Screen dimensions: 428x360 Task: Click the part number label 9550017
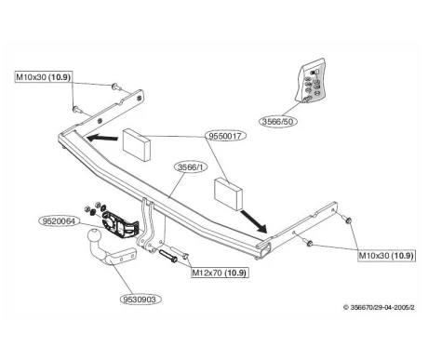[225, 136]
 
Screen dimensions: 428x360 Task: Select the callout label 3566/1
[192, 167]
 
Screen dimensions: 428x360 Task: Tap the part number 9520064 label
[59, 221]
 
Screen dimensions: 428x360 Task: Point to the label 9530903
[141, 300]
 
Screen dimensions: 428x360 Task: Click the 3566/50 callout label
[278, 121]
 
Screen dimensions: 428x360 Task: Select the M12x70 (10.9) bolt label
[220, 273]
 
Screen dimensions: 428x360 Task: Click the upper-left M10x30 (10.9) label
[44, 76]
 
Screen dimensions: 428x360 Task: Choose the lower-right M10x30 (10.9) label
[386, 256]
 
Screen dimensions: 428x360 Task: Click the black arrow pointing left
[102, 138]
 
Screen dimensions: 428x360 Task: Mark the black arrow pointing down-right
[254, 221]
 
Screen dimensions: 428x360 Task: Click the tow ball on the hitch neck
[95, 236]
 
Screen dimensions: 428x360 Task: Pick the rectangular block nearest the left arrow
[137, 145]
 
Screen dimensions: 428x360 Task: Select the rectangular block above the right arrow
[229, 193]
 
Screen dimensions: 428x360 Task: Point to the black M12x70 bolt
[168, 255]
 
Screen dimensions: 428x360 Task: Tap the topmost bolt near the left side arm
[115, 87]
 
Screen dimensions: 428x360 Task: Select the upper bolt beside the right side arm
[347, 219]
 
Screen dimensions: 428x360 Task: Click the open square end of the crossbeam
[263, 249]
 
